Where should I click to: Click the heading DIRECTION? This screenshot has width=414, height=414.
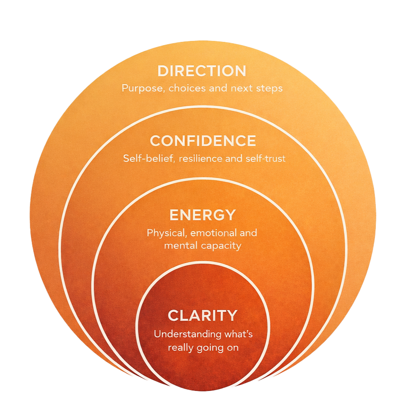coord(202,71)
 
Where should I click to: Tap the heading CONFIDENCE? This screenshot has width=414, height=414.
coord(203,141)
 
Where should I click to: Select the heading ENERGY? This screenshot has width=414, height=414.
coord(202,215)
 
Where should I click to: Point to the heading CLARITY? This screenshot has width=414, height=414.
coord(203,316)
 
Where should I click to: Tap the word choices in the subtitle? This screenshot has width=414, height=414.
coord(183,88)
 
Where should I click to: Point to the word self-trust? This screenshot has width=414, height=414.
coord(265,159)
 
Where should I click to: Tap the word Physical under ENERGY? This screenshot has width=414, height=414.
coord(164,233)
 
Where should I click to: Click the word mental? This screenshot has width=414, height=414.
coord(178,245)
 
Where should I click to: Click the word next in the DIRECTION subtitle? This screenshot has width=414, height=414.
coord(243,88)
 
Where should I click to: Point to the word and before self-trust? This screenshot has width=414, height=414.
coord(234,159)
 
